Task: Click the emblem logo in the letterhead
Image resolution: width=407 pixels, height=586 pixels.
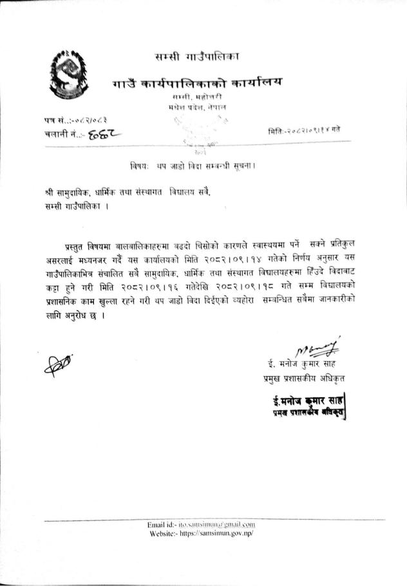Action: (68, 79)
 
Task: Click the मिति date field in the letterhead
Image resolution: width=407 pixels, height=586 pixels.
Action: (307, 131)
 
